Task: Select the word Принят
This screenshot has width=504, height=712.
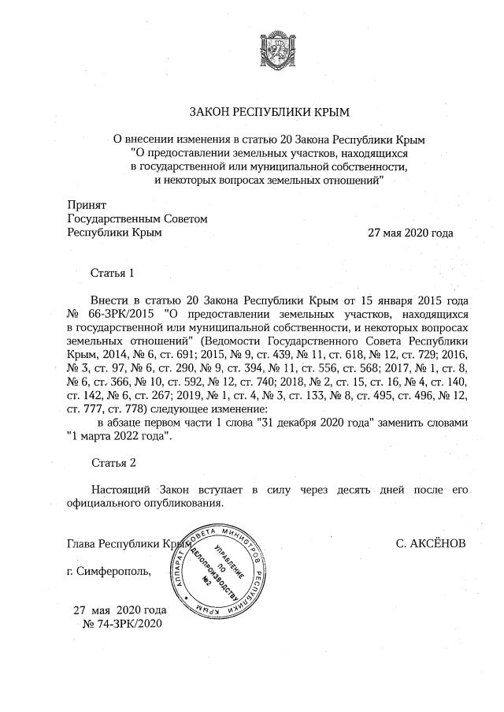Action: point(87,204)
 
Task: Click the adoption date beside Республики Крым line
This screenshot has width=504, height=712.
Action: point(410,233)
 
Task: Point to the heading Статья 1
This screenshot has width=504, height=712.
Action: point(113,274)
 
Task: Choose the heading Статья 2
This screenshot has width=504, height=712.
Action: point(113,461)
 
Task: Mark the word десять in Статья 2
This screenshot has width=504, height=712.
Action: point(361,490)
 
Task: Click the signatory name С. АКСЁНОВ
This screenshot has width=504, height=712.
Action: point(432,544)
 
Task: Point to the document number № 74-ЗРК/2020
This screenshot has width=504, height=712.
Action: point(122,624)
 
